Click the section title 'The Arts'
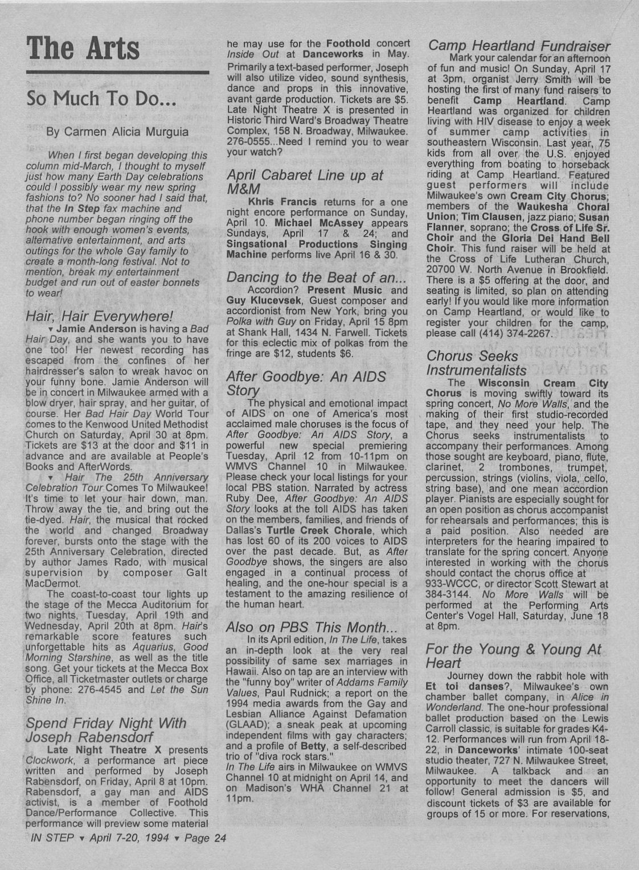pyautogui.click(x=83, y=48)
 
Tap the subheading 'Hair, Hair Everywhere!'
pyautogui.click(x=100, y=316)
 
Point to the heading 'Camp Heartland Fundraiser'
pyautogui.click(x=519, y=46)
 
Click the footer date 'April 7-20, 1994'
pyautogui.click(x=130, y=838)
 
